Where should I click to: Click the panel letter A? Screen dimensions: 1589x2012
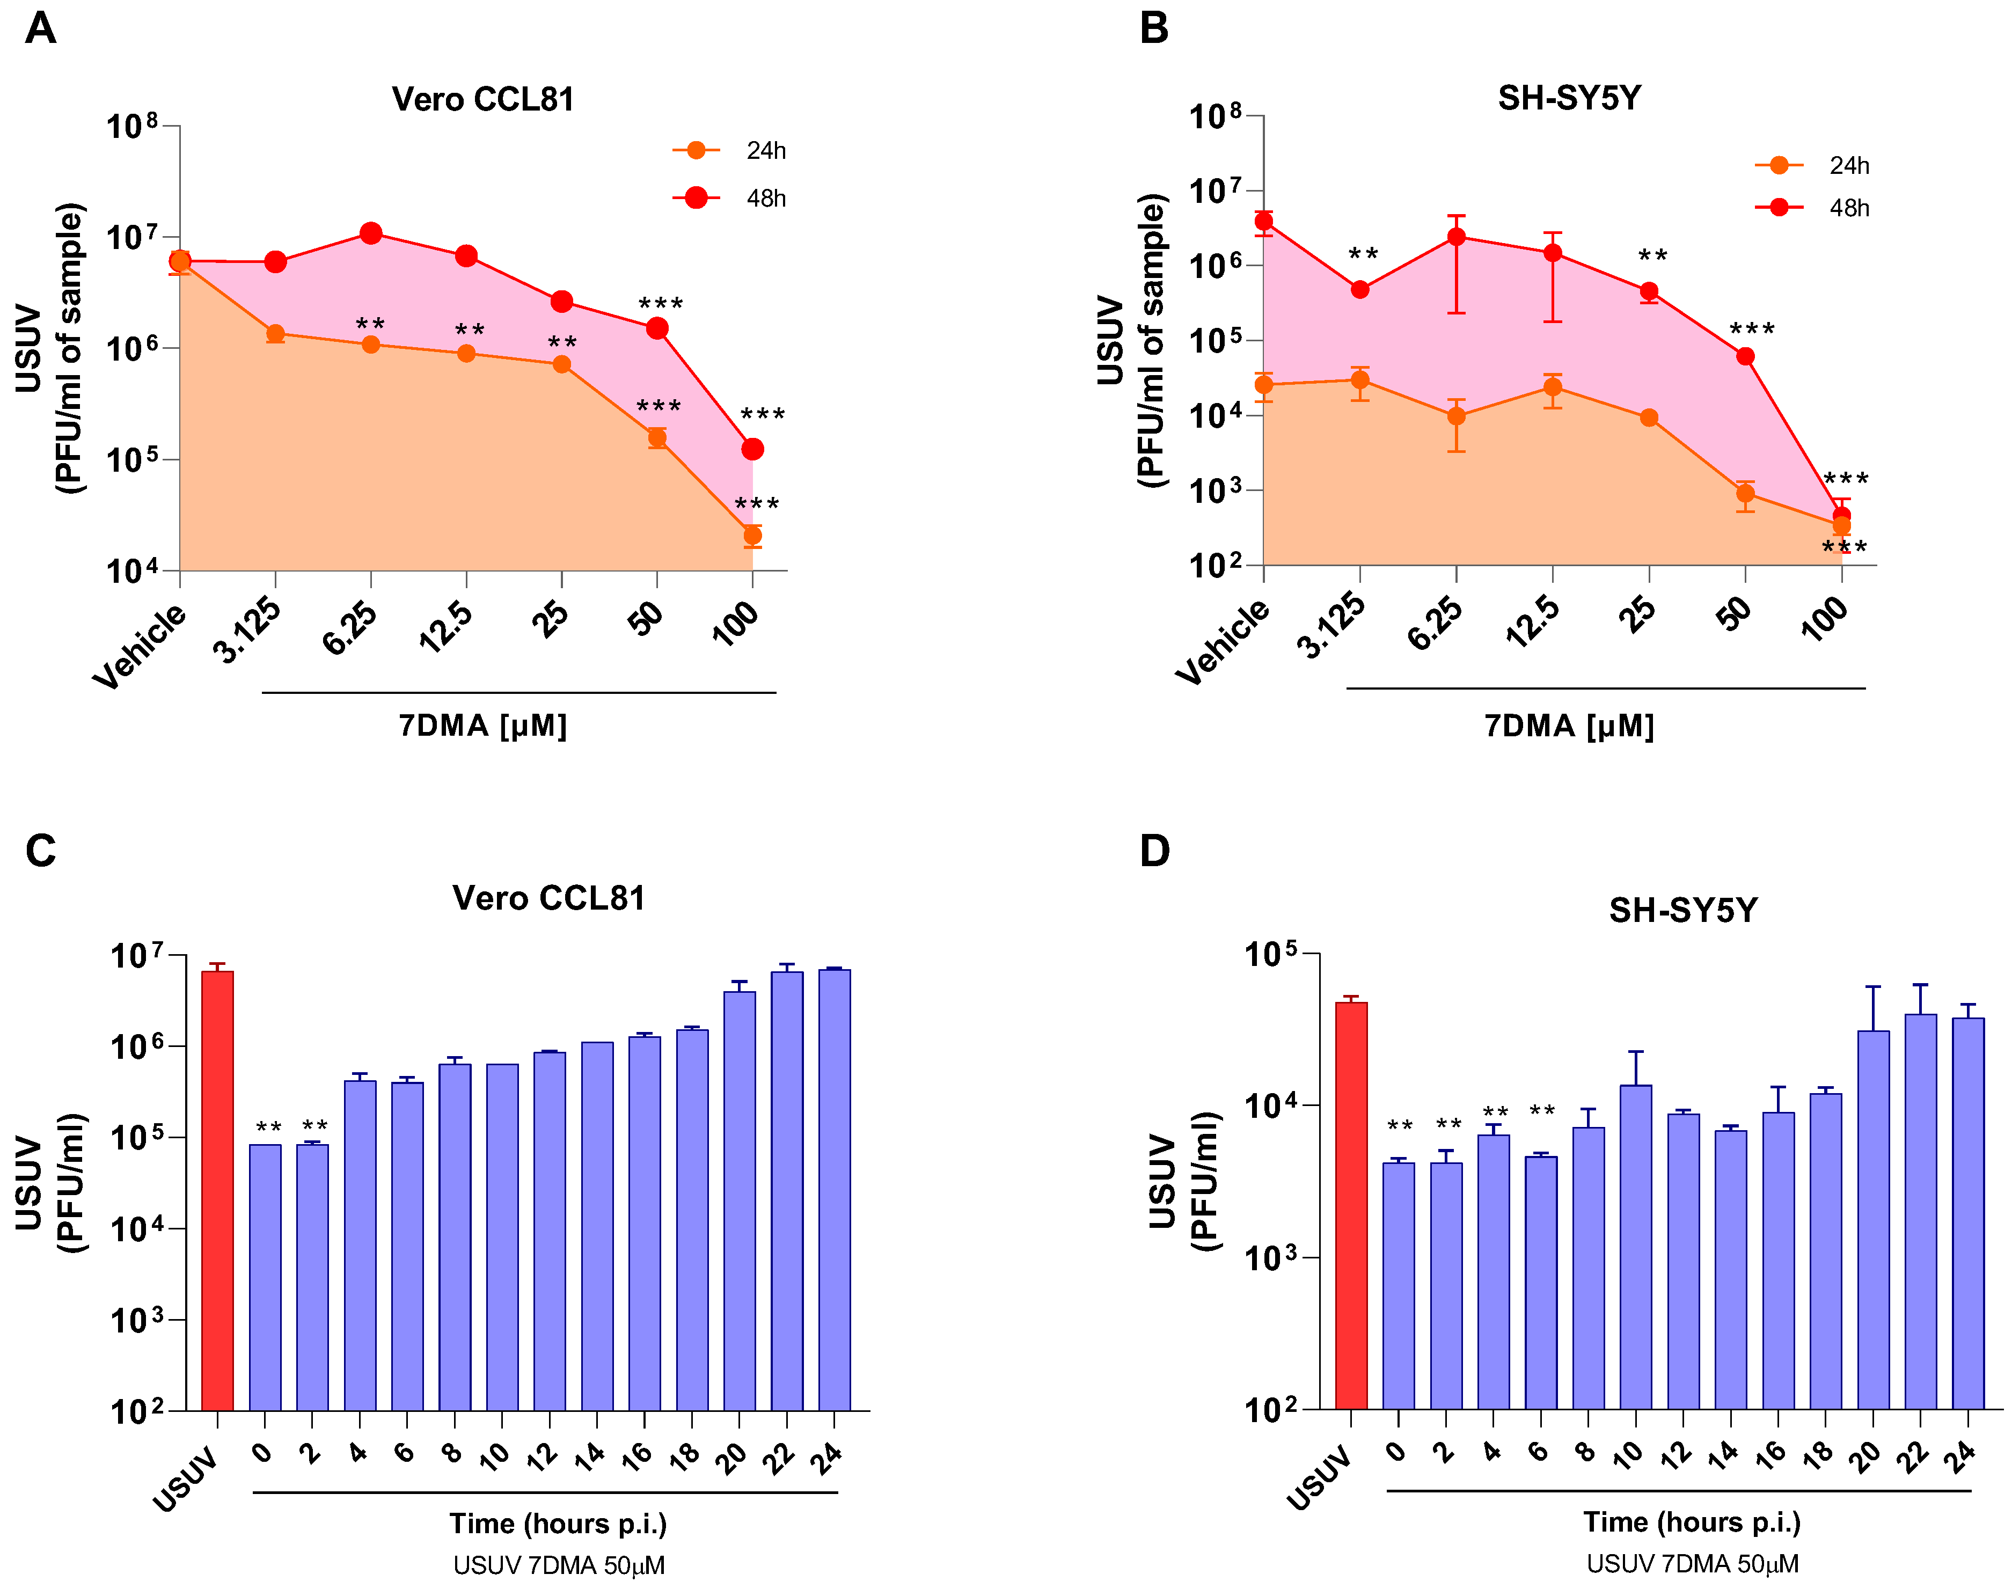tap(40, 28)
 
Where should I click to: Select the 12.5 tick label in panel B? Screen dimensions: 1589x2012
tap(1533, 621)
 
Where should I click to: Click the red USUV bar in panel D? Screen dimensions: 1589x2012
tap(1351, 1205)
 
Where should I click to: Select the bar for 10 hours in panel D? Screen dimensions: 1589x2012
tap(1636, 1247)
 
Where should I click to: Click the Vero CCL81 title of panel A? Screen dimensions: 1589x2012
tap(483, 99)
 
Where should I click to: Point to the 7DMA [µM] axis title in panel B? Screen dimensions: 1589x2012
tap(1569, 726)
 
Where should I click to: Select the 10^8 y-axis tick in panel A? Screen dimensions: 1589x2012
tap(131, 126)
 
